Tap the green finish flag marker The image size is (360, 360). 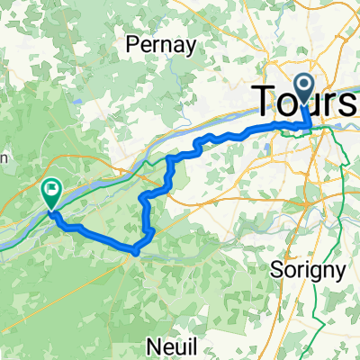click(51, 191)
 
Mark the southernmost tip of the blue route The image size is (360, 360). click(135, 253)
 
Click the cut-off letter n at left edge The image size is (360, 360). click(4, 158)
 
